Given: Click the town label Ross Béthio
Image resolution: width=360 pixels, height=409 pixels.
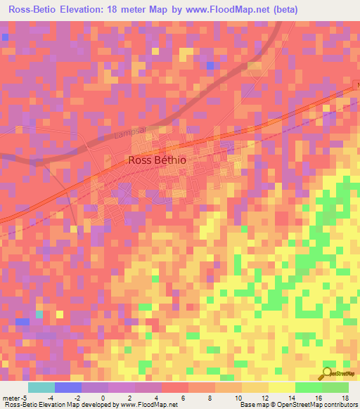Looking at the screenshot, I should [157, 160].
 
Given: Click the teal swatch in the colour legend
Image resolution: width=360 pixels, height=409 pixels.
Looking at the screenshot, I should [41, 388].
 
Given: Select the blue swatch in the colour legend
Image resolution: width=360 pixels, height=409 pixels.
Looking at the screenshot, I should [68, 388].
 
